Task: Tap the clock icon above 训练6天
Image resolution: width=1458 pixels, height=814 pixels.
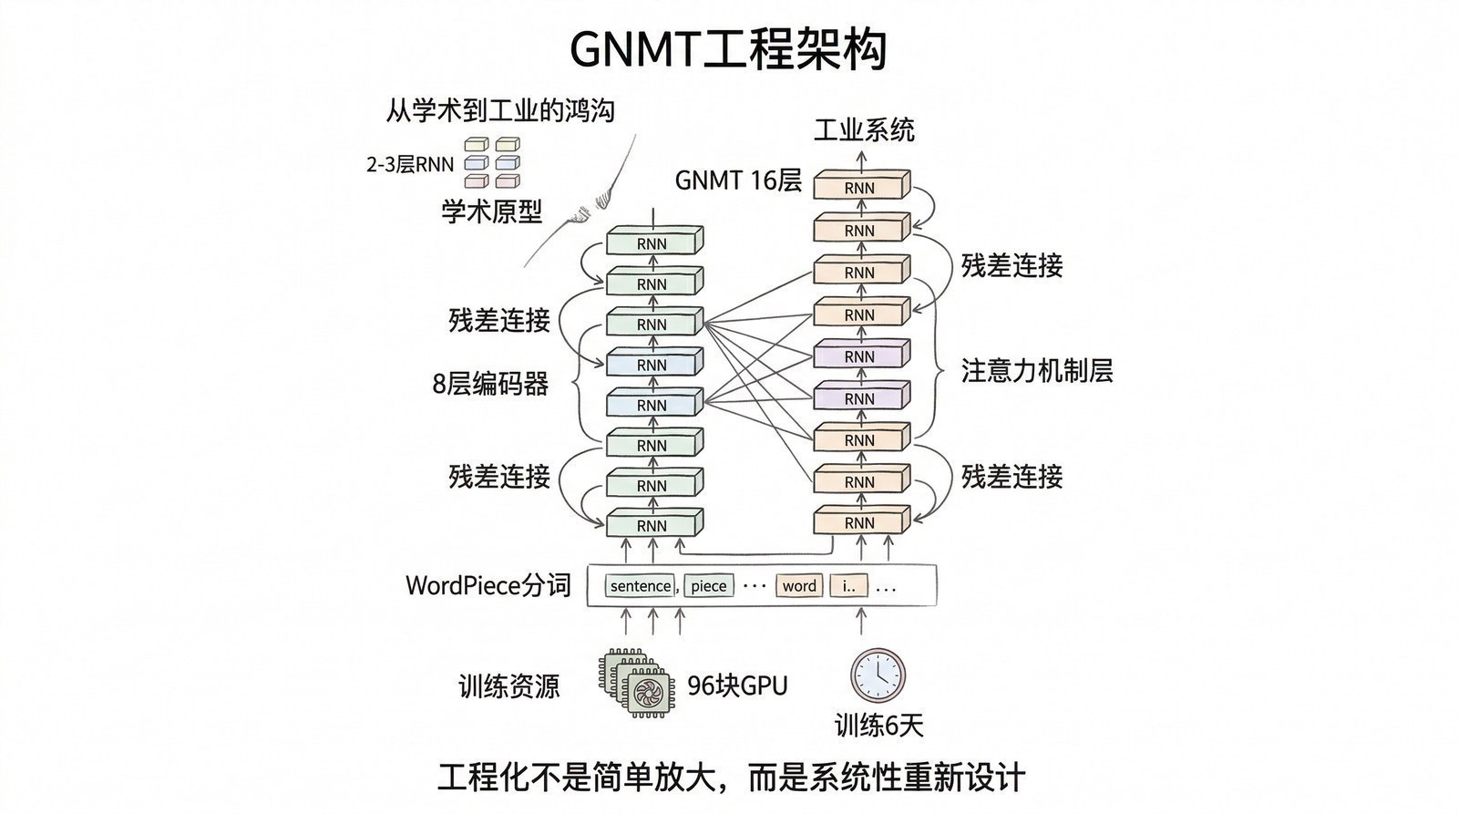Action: pos(878,675)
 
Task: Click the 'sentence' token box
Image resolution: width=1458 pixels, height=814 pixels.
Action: pos(641,586)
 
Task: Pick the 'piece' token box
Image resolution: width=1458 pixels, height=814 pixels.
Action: pos(708,586)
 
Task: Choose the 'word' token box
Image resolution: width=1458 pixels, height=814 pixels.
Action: pos(799,586)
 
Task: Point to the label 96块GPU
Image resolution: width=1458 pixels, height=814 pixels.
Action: pos(737,685)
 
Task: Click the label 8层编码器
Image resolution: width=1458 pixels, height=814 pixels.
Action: pos(490,384)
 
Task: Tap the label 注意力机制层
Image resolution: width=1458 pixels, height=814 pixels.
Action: pos(1037,370)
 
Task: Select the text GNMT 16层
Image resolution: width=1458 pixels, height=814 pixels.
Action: pos(737,180)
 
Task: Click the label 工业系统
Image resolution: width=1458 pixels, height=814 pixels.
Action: pos(863,130)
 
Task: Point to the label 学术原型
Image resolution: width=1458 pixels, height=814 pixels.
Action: pos(491,212)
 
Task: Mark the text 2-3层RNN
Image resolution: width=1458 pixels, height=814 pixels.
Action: pos(409,165)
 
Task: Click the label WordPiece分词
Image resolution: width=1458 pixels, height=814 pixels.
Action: pos(488,585)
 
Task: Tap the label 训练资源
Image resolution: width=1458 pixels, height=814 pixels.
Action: pos(508,685)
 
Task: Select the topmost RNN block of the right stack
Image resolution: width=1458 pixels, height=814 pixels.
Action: pos(860,186)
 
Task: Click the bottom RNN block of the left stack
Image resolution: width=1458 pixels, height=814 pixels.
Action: pos(652,524)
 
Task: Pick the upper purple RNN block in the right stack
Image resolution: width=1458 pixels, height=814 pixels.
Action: pos(860,355)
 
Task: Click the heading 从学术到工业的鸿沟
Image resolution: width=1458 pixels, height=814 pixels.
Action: pos(499,110)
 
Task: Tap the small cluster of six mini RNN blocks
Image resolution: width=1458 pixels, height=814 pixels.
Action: pos(492,162)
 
